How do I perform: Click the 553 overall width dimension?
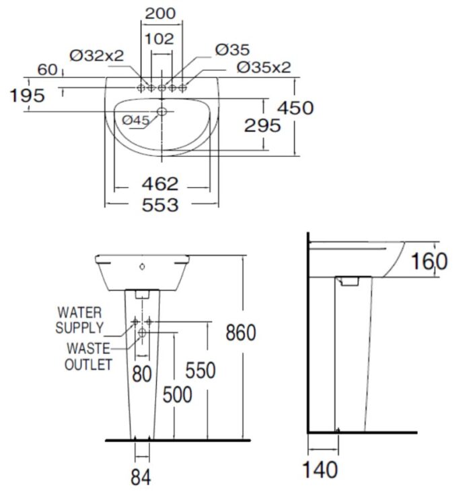pos(161,204)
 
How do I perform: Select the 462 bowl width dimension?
pos(161,183)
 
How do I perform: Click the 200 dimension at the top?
pos(160,13)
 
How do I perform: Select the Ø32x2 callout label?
pos(98,55)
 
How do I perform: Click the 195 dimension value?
pos(28,95)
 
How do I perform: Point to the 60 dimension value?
pos(46,68)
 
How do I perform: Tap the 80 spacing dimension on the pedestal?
pos(141,373)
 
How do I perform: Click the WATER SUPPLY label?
pos(79,320)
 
